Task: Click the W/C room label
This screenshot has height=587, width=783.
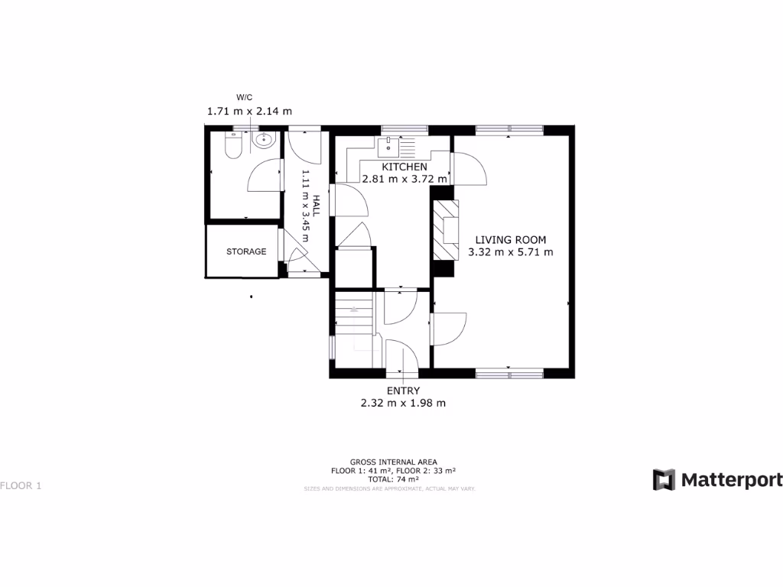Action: pyautogui.click(x=245, y=97)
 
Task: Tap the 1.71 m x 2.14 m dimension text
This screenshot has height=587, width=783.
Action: pyautogui.click(x=249, y=111)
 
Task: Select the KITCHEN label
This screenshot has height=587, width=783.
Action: pyautogui.click(x=404, y=167)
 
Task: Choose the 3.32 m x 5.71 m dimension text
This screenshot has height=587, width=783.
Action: pyautogui.click(x=510, y=251)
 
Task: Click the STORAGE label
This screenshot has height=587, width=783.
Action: pyautogui.click(x=246, y=251)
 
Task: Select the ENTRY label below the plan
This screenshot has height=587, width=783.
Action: pyautogui.click(x=403, y=391)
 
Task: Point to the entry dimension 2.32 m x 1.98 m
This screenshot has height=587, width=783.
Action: pyautogui.click(x=403, y=403)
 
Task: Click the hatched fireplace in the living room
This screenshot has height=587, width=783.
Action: pyautogui.click(x=445, y=230)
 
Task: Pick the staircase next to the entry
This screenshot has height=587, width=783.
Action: pyautogui.click(x=354, y=313)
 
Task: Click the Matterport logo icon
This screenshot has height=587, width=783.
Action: pyautogui.click(x=664, y=480)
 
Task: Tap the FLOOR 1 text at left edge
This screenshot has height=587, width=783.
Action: pyautogui.click(x=20, y=485)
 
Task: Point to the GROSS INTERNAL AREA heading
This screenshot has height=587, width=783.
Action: pyautogui.click(x=393, y=462)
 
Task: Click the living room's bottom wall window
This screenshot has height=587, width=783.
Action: pyautogui.click(x=509, y=373)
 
